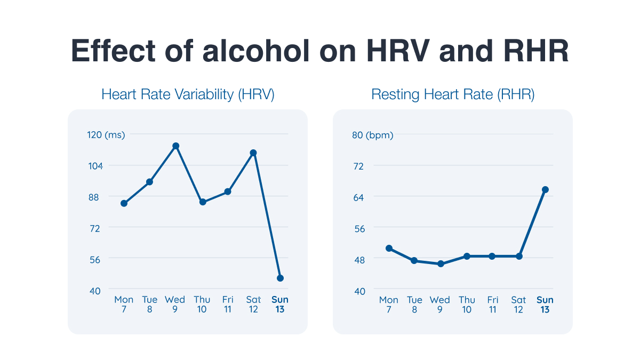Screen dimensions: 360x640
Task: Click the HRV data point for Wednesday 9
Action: pyautogui.click(x=175, y=146)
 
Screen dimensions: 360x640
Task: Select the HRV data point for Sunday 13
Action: pyautogui.click(x=280, y=278)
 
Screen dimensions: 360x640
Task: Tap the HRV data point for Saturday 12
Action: pyautogui.click(x=253, y=153)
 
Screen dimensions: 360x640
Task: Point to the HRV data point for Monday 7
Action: pyautogui.click(x=124, y=203)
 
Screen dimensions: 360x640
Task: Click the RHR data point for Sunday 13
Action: pyautogui.click(x=545, y=189)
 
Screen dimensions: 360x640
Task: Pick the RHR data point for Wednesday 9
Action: pyautogui.click(x=441, y=264)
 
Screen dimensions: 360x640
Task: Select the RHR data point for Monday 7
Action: pyautogui.click(x=389, y=248)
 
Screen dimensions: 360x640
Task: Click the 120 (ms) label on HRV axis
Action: pyautogui.click(x=106, y=135)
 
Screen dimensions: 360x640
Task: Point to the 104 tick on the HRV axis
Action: pyautogui.click(x=94, y=166)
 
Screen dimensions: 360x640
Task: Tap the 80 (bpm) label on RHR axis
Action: pyautogui.click(x=372, y=135)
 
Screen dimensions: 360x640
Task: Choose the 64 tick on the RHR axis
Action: pyautogui.click(x=358, y=197)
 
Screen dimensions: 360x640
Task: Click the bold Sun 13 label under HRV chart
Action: pyautogui.click(x=280, y=305)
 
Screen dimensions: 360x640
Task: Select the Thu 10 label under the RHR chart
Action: pyautogui.click(x=467, y=305)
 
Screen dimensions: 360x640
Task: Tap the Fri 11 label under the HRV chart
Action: pyautogui.click(x=228, y=305)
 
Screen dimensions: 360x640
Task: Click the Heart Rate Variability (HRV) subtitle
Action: pyautogui.click(x=188, y=95)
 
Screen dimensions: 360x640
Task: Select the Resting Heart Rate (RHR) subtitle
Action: pyautogui.click(x=453, y=95)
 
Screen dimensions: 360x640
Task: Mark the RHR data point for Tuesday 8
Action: pyautogui.click(x=414, y=261)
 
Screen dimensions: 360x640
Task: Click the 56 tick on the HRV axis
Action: pyautogui.click(x=94, y=259)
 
